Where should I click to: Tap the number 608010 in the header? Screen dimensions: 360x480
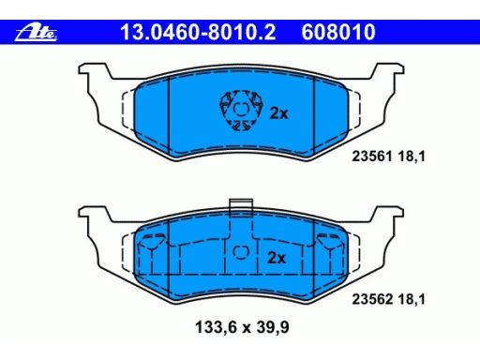point(338,34)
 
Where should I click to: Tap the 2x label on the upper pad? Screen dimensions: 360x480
point(277,113)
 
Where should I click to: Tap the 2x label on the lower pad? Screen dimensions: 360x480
point(276,256)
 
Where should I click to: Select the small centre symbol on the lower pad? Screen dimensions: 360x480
point(240,251)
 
